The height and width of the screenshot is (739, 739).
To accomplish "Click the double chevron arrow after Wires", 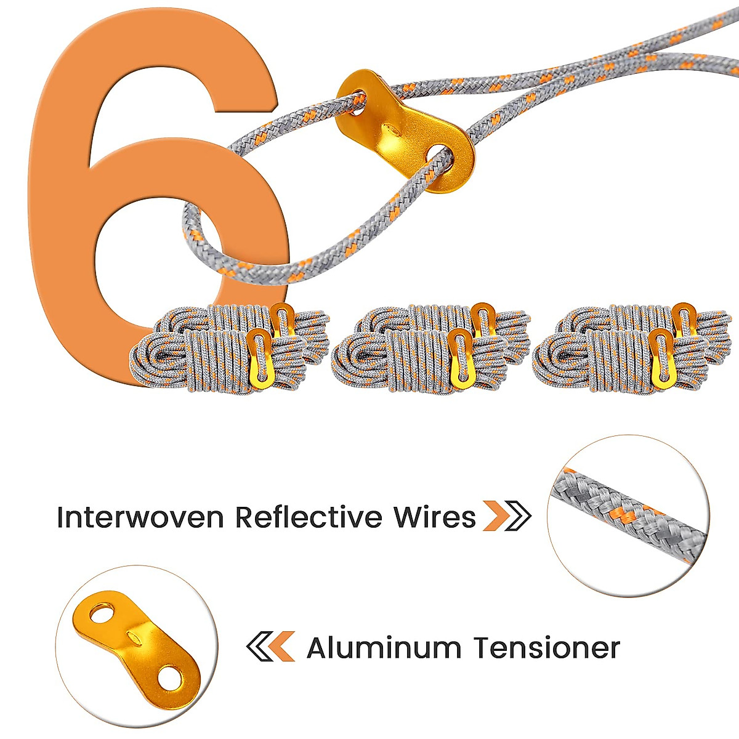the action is pos(506,516).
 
